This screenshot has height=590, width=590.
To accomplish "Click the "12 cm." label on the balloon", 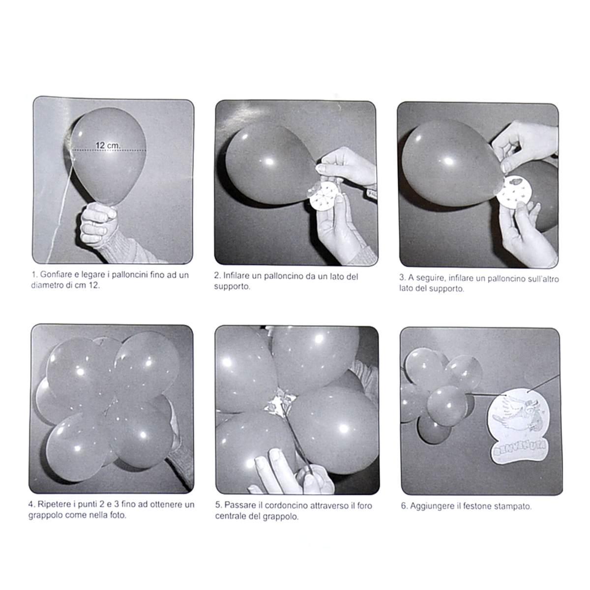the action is [108, 145].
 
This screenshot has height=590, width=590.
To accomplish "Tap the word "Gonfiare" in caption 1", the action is [56, 275].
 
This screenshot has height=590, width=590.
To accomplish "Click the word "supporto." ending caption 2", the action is [232, 287].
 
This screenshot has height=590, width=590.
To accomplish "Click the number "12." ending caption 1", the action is [94, 285].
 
